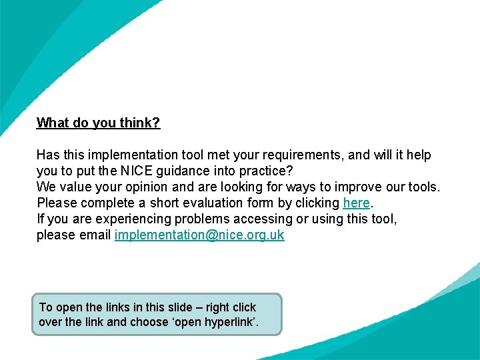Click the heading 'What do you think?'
click(98, 123)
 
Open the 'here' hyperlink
click(356, 203)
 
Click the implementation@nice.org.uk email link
click(199, 235)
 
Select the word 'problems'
click(187, 219)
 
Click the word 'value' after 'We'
click(73, 187)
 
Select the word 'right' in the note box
click(217, 307)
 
